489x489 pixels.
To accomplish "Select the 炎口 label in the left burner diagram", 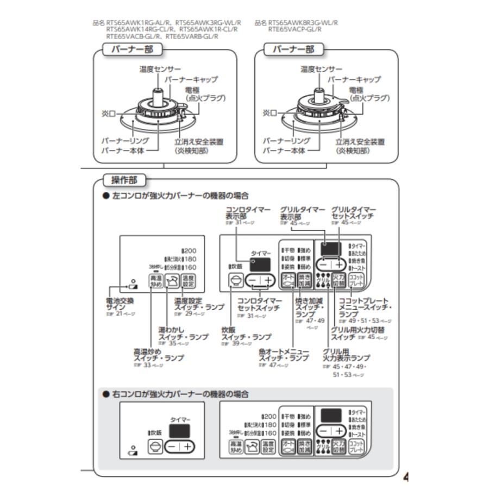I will click(x=109, y=114).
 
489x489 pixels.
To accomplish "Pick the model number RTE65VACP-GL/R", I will click(x=294, y=29).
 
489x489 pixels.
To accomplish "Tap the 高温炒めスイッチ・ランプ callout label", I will click(x=158, y=355).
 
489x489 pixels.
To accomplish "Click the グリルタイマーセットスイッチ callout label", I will click(x=354, y=212).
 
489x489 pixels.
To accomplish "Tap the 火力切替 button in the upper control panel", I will click(x=338, y=281).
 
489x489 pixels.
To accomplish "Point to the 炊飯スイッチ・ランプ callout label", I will click(x=246, y=333).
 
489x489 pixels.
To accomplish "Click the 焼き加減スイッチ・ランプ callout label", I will click(x=309, y=307).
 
